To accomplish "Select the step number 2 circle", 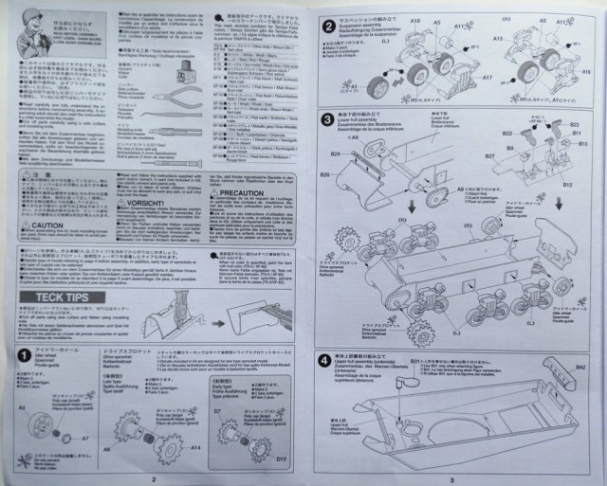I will click(x=326, y=26).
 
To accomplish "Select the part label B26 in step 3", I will click(x=324, y=176).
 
